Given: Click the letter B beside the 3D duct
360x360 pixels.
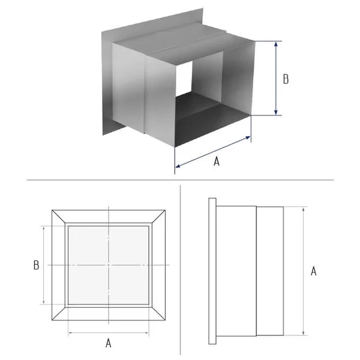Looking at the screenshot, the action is point(286,79).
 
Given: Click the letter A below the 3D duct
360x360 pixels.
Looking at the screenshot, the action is point(217,161).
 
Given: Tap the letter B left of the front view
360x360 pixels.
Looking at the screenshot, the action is point(36,265).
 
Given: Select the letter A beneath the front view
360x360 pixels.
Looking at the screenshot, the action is point(109,343).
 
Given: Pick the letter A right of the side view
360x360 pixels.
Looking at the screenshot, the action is point(313,271).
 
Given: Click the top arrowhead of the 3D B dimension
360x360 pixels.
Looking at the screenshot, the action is point(276,44).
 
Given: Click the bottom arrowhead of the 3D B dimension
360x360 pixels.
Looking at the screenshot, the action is point(276,113).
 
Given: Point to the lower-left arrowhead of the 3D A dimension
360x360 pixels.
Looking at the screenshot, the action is point(178,166).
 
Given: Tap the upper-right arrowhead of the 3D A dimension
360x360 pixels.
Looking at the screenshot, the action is point(248,137).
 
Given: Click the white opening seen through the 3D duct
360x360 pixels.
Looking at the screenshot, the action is point(184,78).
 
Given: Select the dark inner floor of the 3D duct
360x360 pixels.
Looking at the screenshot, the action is point(206,119).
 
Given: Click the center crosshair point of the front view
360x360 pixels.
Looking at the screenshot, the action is point(109,265).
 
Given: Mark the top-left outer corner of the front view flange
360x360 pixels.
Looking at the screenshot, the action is point(52,210).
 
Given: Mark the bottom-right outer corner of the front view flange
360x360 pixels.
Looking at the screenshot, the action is point(166,320).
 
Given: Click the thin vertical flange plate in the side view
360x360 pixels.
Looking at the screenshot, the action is point(212,271).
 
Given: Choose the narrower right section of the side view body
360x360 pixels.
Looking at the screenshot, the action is point(270,271).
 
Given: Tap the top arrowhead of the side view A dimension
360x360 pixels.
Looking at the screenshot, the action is point(304,209).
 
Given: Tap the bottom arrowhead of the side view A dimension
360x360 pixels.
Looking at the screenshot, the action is point(304,333).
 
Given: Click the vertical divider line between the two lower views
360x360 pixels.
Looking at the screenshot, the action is point(181,270).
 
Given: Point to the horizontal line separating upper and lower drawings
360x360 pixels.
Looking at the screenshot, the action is point(180,180).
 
